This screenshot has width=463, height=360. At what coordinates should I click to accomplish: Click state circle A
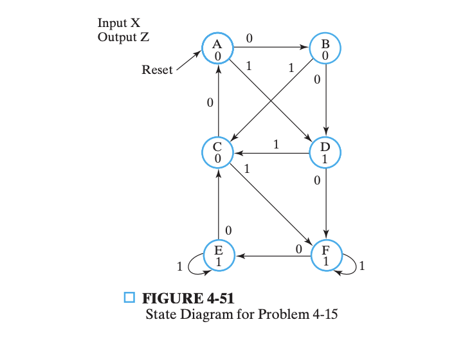(x=218, y=49)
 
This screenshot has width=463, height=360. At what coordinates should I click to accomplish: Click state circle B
(x=325, y=49)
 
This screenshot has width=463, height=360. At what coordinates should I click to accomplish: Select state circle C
(x=218, y=152)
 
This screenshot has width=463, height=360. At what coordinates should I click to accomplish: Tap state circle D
(x=325, y=152)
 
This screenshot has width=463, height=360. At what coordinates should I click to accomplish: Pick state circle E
(x=218, y=255)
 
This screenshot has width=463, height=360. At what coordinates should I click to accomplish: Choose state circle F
(x=325, y=255)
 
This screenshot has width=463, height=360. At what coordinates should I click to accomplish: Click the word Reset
(x=157, y=70)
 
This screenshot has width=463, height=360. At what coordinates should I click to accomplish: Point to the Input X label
(x=119, y=23)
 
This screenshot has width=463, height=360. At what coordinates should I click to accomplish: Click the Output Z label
(x=123, y=37)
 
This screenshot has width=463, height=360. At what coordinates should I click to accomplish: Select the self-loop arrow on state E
(x=197, y=269)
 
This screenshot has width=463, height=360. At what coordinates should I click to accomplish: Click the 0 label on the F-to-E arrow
(x=298, y=248)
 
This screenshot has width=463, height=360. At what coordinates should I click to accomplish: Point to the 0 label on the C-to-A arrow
(x=210, y=103)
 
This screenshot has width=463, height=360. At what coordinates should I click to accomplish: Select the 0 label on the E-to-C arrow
(x=228, y=230)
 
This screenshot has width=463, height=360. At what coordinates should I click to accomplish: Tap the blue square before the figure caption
(x=129, y=298)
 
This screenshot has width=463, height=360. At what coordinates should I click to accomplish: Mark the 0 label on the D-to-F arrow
(x=317, y=183)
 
